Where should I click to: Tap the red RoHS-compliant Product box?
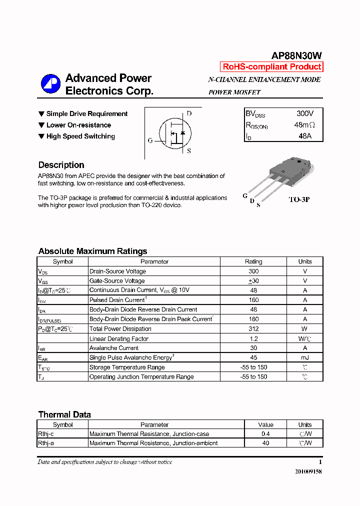point(271,67)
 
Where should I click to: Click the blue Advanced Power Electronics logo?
point(50,84)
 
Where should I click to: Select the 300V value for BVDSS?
point(305,114)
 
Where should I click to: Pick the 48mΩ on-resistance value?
point(304,125)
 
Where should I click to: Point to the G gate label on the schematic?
point(150,140)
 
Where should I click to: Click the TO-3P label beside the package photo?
point(299,199)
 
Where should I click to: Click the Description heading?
point(61,165)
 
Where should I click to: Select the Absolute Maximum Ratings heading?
point(92,251)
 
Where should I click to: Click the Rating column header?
point(253,261)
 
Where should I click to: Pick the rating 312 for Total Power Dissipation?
point(253,329)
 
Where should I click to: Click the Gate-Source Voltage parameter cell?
point(117,281)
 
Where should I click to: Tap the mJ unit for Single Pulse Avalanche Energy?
point(305,357)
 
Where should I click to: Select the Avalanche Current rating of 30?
point(253,348)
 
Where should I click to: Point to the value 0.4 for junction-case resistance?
point(265,434)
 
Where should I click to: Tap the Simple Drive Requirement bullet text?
point(86,114)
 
